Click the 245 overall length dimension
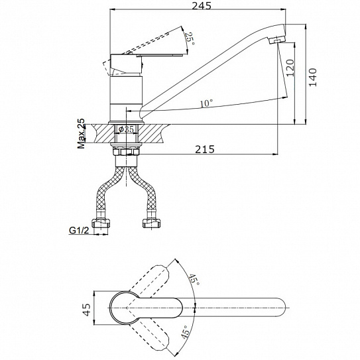tap(202, 5)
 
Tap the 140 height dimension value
tap(313, 77)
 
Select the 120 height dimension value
tap(290, 68)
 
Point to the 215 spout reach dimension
tap(205, 149)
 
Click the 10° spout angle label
tap(206, 103)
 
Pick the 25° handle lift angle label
tap(190, 39)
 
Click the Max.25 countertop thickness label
tap(81, 133)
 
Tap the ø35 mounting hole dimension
tap(126, 129)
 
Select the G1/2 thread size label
tap(79, 230)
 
